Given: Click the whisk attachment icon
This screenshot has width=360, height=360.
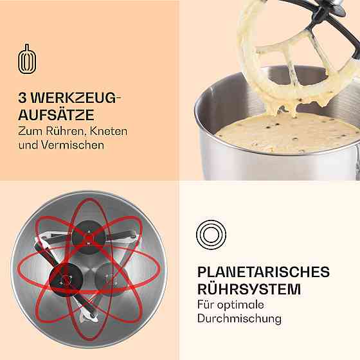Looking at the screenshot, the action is point(27,59).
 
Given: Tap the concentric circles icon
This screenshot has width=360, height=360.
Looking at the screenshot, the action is point(211,235).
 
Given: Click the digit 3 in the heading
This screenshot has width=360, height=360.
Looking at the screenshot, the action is point(22,98).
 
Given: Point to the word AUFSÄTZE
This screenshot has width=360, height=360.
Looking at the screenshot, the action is point(56,115).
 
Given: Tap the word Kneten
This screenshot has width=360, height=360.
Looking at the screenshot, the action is point(109,131).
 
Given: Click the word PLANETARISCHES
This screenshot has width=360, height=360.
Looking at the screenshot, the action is point(264,271).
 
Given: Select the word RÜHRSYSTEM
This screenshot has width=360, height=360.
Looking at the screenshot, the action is point(249,289).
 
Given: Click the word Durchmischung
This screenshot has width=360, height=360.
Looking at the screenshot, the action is point(239,319).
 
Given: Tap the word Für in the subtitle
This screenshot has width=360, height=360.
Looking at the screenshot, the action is point(206,305).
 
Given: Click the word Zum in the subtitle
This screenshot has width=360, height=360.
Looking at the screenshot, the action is point(30,131).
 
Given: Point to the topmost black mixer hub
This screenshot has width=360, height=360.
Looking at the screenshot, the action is point(89,237).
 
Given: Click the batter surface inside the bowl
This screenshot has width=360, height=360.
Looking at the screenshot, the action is point(287,136).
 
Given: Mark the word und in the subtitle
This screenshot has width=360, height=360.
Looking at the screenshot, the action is point(28,145).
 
